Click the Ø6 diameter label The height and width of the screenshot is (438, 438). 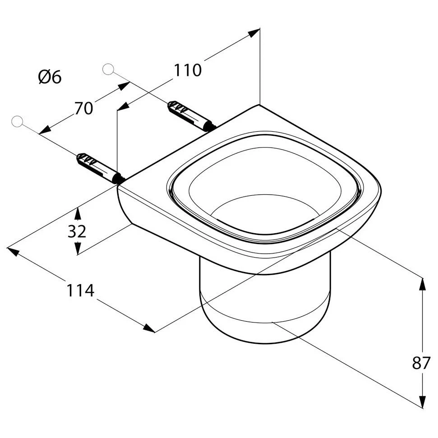pos(50,77)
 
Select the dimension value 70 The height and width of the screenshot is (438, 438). pos(83,108)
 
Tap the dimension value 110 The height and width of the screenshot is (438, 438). pos(188,70)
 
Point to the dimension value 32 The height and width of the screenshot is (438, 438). pos(77,231)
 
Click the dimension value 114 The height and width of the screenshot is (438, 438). pos(81,290)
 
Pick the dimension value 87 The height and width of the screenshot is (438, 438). pos(421,363)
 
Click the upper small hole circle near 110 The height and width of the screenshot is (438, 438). pos(108,69)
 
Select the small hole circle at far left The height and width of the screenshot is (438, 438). pos(17,121)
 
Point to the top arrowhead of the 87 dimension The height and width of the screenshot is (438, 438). pos(422,283)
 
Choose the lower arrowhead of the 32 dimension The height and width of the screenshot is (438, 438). pos(78,249)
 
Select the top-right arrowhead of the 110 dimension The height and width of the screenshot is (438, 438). pos(255,32)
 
